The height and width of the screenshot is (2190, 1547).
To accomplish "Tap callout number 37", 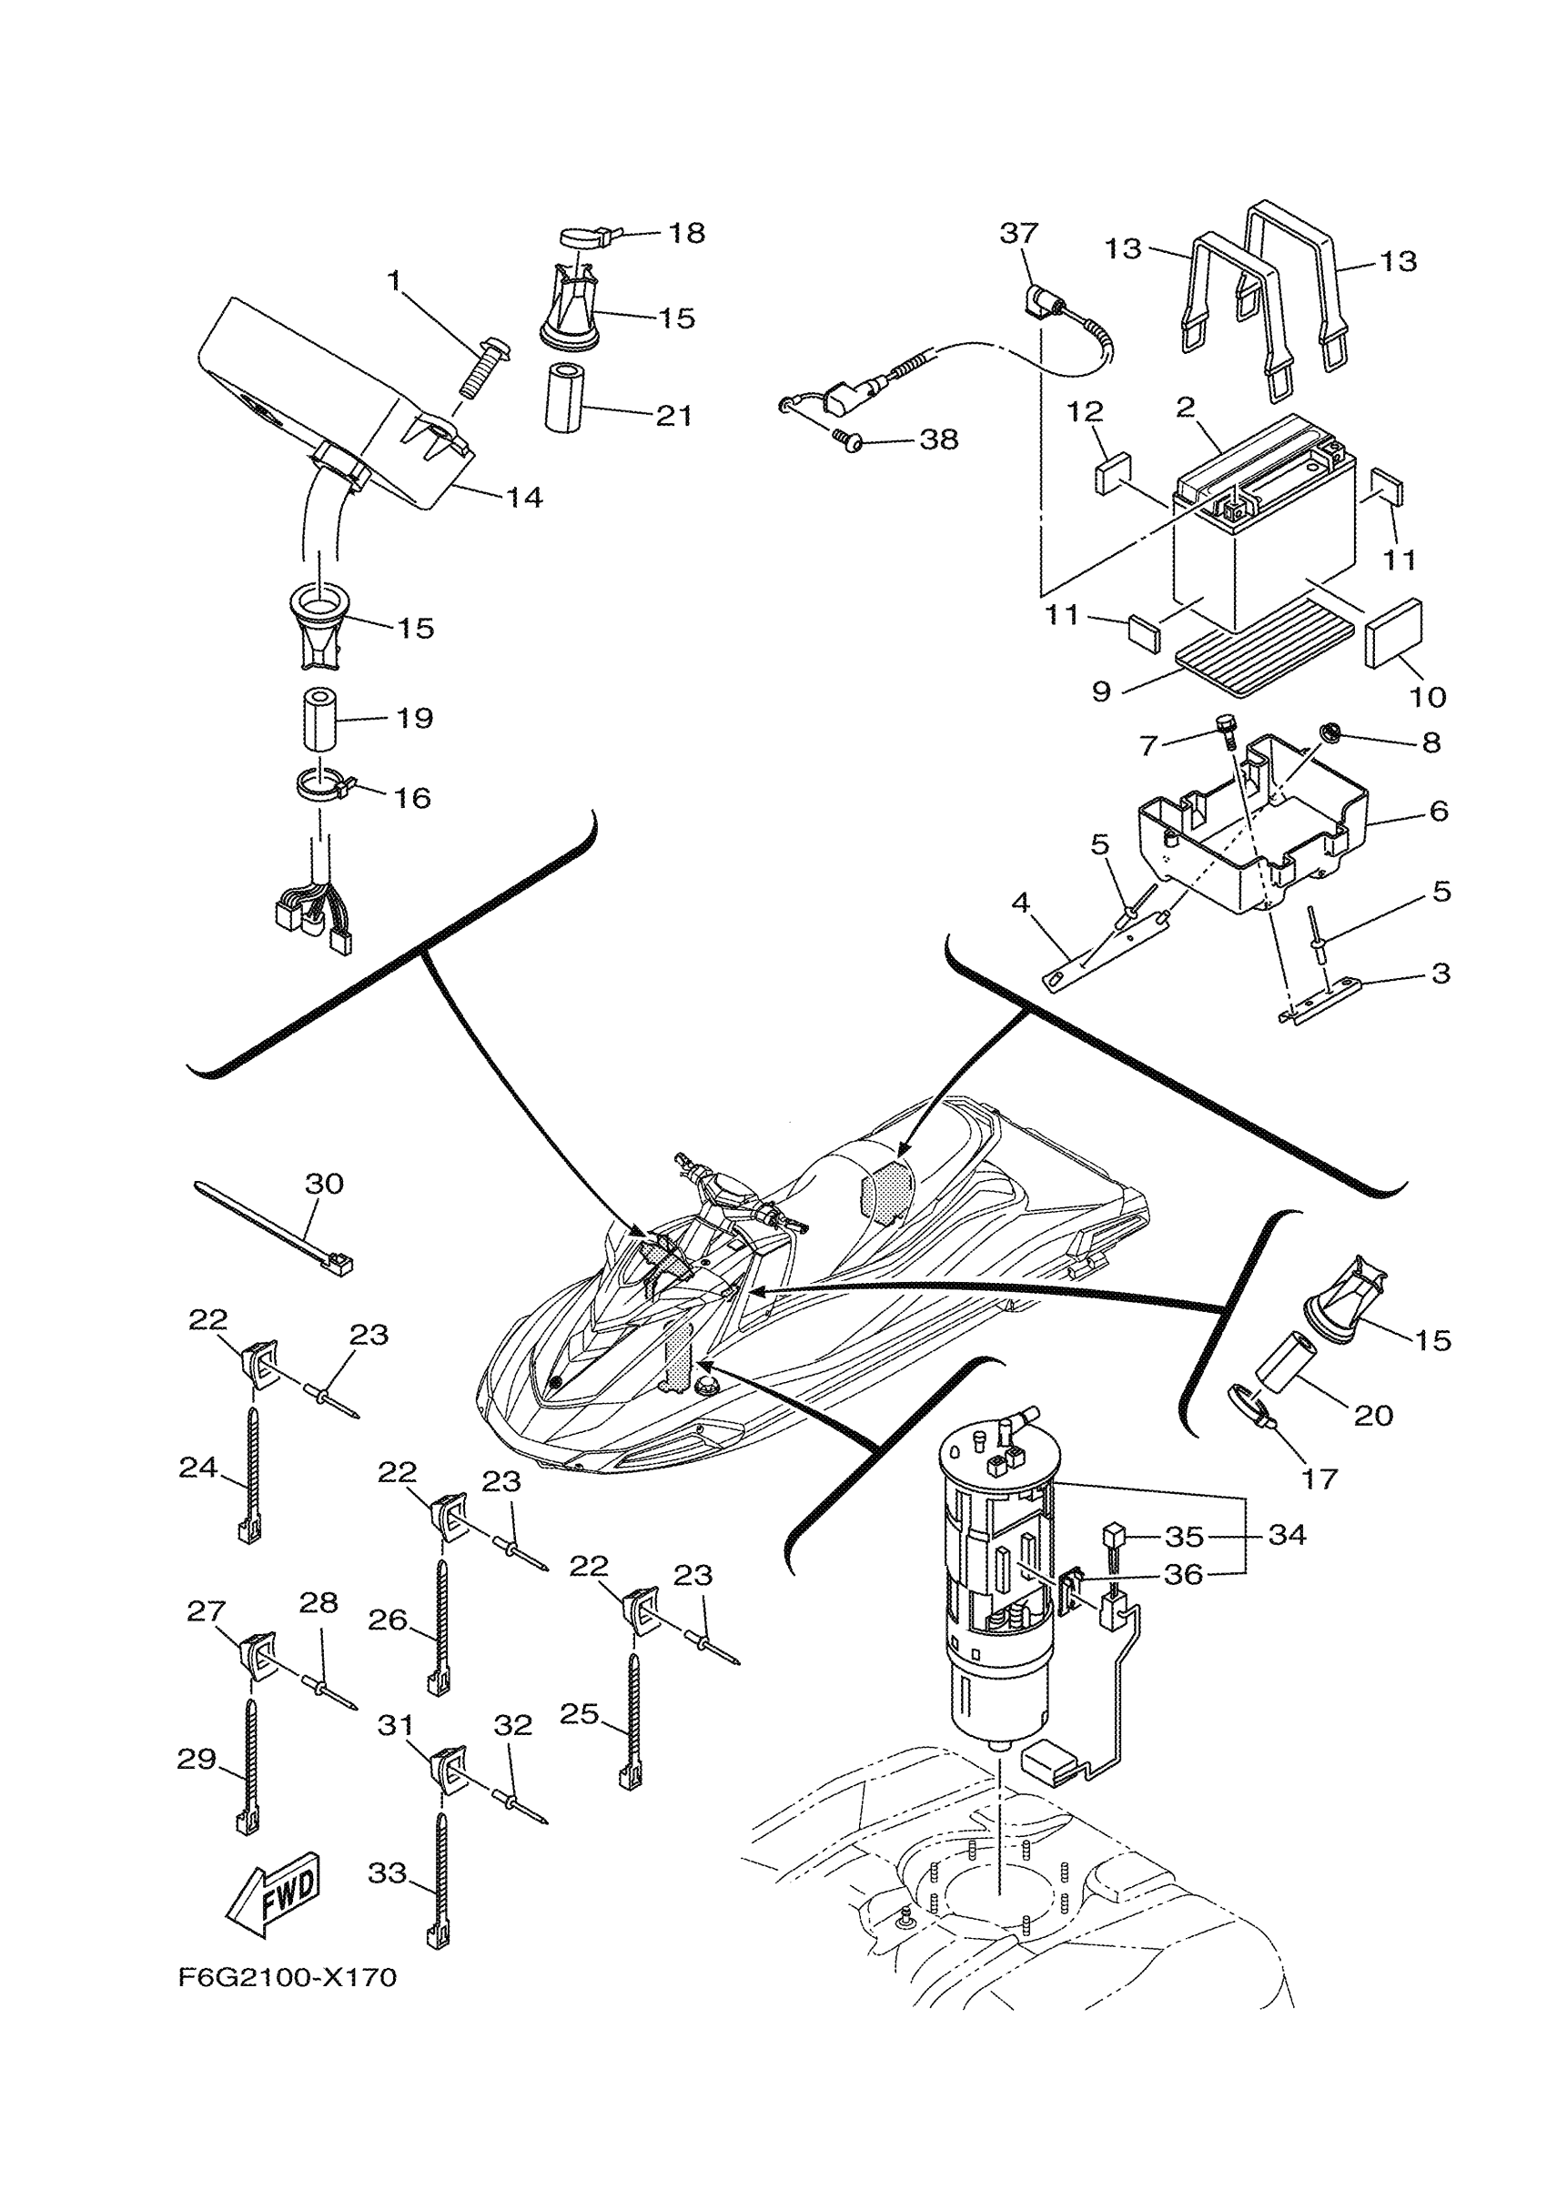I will (1018, 233).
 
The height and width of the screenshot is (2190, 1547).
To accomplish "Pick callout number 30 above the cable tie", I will (323, 1184).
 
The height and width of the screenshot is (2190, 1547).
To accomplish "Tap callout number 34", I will (1287, 1535).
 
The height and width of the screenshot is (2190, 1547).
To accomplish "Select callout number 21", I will (674, 416).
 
